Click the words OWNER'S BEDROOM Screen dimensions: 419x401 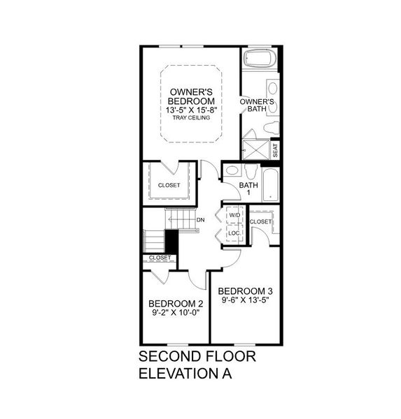pyautogui.click(x=191, y=96)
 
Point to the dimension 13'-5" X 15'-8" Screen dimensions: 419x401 pyautogui.click(x=191, y=109)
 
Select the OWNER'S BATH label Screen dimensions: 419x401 pyautogui.click(x=257, y=106)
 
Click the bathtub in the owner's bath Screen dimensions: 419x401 pyautogui.click(x=260, y=59)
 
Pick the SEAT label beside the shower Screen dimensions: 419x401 pyautogui.click(x=275, y=149)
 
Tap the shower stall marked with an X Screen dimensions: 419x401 pyautogui.click(x=255, y=149)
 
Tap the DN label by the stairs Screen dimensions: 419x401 pyautogui.click(x=201, y=221)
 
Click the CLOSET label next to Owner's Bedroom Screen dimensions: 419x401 pyautogui.click(x=169, y=185)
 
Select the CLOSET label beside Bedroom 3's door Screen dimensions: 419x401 pyautogui.click(x=260, y=221)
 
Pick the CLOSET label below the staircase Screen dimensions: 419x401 pyautogui.click(x=159, y=258)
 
